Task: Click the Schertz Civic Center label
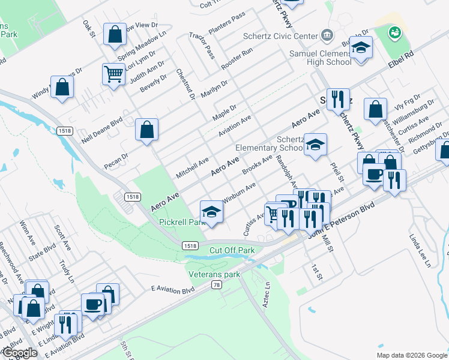(280, 35)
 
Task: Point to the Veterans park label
(214, 274)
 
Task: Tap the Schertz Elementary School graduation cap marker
(315, 145)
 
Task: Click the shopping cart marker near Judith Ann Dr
(113, 74)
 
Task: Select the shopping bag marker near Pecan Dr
(146, 129)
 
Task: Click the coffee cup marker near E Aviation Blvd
(93, 305)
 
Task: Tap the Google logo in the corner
(19, 353)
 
